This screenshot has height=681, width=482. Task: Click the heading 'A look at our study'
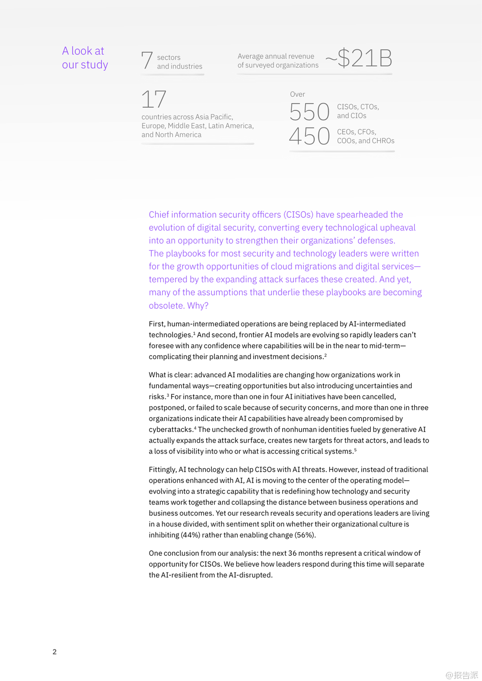85,58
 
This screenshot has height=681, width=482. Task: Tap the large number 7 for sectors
147,60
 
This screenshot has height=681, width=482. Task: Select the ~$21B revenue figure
359,59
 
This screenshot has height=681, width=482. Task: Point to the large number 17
154,99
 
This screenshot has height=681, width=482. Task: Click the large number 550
309,112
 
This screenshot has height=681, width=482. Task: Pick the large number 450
309,136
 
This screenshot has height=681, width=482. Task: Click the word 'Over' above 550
298,94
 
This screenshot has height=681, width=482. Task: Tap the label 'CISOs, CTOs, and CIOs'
358,111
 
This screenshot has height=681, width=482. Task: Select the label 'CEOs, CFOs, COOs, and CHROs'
365,136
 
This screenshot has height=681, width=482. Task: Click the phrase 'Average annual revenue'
276,56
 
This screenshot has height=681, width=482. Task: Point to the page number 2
55,652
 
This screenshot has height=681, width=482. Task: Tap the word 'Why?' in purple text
198,306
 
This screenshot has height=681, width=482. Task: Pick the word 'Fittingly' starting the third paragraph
162,469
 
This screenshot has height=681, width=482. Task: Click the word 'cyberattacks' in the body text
170,429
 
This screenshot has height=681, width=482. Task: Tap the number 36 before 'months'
292,553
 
